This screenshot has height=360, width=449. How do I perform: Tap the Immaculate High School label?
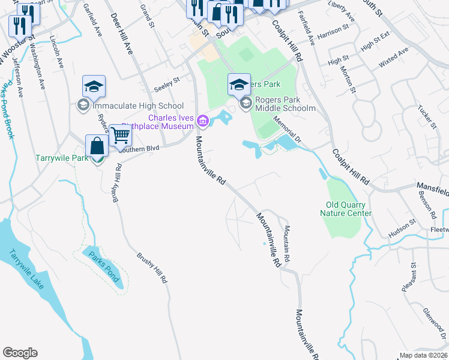point(130,106)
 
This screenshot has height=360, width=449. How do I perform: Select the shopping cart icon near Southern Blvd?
point(121,137)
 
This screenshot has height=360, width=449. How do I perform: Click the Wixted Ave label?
point(393,58)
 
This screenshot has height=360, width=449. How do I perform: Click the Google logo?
point(20,353)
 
